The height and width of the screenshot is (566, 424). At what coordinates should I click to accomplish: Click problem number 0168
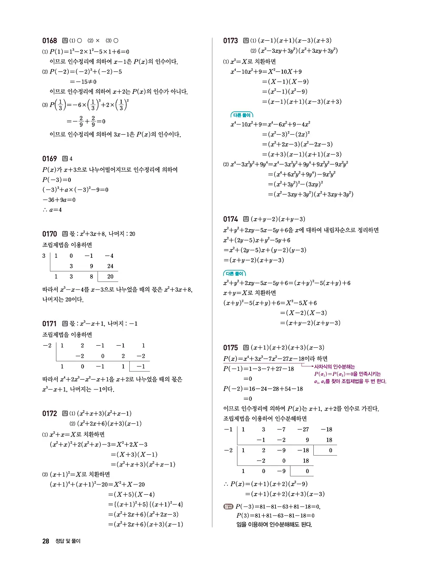(49, 41)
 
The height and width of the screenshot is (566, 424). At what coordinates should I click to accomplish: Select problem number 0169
(49, 159)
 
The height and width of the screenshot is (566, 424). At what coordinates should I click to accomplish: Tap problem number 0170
(49, 234)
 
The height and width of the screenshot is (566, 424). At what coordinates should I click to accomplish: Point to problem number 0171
(49, 324)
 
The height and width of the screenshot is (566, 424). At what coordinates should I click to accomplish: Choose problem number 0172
(49, 414)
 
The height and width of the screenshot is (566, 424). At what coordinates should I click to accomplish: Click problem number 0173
(230, 41)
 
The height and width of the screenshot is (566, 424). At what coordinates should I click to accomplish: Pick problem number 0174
(230, 219)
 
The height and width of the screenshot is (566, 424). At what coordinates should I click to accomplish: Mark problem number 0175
(230, 347)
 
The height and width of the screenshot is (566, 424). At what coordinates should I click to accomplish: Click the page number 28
(46, 541)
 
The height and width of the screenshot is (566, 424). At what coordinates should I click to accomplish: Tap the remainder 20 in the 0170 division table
(110, 276)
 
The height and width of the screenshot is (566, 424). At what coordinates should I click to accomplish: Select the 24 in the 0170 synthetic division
(110, 266)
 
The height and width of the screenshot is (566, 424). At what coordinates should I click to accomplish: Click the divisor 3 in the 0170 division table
(44, 256)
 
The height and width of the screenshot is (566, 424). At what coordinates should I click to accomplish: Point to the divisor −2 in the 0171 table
(47, 346)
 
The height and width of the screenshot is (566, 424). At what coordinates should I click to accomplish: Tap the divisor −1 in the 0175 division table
(228, 429)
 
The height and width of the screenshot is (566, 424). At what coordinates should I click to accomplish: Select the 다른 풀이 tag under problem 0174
(234, 273)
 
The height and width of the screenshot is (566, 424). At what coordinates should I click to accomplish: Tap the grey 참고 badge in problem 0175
(228, 507)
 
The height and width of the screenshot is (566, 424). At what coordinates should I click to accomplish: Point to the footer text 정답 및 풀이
(68, 541)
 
